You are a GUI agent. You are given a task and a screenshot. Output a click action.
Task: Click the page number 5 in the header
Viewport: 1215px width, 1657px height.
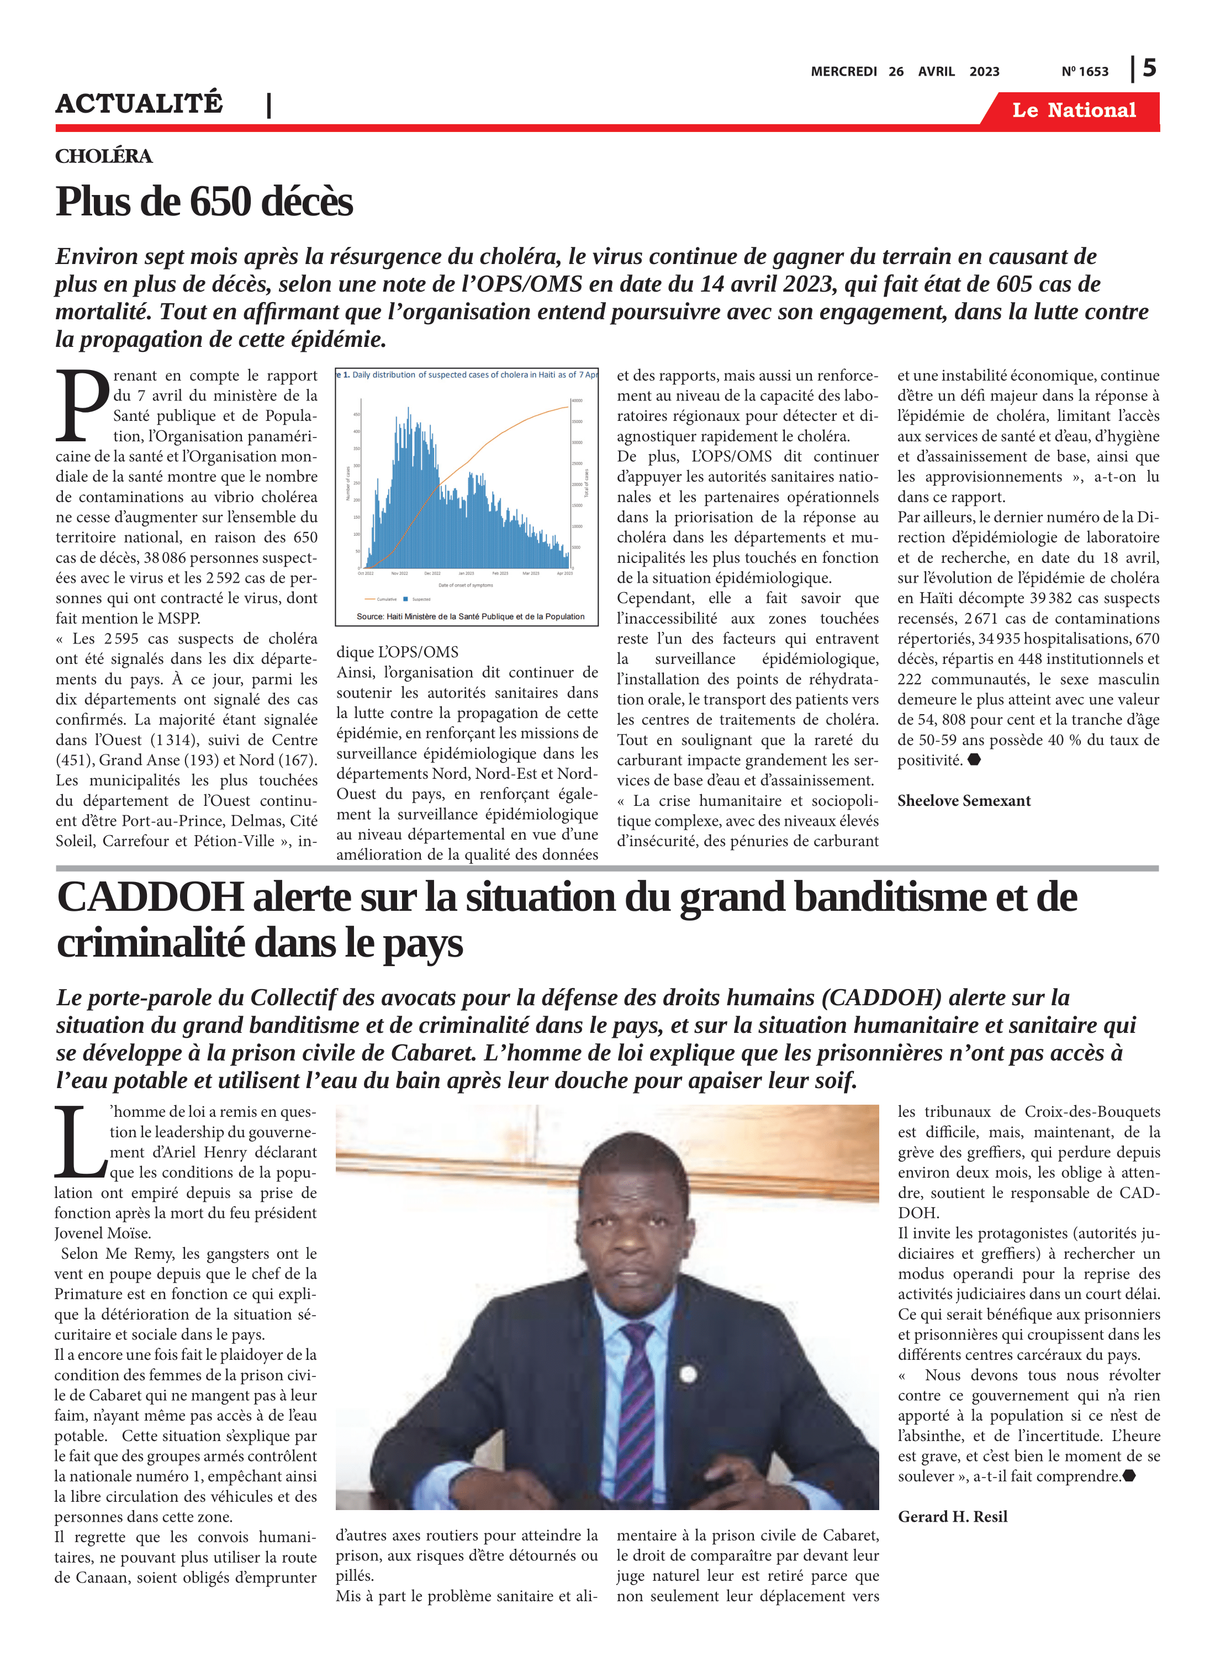point(1149,68)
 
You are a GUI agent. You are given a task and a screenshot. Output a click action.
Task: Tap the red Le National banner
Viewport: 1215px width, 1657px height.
point(1073,110)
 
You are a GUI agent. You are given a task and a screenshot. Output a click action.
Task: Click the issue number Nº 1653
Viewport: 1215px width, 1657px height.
point(1084,71)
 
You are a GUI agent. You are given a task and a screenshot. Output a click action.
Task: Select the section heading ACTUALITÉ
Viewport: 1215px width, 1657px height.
point(139,104)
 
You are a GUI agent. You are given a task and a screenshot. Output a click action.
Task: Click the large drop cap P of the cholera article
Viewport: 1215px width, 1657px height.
point(82,406)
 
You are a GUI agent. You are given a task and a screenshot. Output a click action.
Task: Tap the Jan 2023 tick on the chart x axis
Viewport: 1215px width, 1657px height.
point(466,573)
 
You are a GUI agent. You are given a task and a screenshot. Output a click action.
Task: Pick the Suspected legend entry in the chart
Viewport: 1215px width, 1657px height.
point(419,599)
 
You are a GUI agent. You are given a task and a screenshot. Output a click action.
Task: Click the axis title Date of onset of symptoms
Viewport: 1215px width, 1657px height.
point(466,585)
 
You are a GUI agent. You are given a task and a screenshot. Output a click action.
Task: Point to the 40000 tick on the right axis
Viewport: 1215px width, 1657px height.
point(577,401)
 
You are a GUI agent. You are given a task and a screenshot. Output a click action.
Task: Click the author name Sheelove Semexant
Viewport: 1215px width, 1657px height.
point(964,800)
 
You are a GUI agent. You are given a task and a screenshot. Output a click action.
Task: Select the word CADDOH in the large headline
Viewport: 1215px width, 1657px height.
point(150,898)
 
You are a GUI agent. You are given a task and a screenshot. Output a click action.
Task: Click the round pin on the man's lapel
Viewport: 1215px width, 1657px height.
point(688,1373)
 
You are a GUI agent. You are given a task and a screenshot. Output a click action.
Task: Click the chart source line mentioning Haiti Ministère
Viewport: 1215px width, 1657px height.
point(470,616)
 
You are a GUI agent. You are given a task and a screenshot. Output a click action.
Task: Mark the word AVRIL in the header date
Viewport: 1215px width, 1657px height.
point(936,71)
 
